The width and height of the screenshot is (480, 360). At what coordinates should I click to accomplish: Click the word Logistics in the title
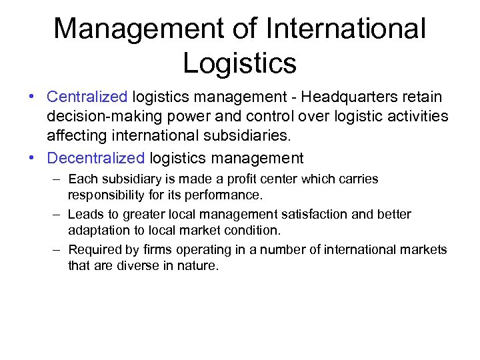(239, 63)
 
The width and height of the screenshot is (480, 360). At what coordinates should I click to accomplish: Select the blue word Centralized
(87, 97)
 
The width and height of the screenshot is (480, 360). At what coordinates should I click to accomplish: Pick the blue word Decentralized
(95, 158)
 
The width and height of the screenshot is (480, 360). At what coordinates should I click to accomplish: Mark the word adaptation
(95, 231)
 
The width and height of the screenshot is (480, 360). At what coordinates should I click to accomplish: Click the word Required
(93, 250)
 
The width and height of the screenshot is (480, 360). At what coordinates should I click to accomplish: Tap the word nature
(194, 266)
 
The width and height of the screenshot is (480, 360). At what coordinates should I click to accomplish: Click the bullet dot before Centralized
(31, 98)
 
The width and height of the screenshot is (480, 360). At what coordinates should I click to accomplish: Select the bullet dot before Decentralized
(31, 159)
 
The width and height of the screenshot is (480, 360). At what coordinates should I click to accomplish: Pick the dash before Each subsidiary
(57, 179)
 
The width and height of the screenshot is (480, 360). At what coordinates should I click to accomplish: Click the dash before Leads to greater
(57, 215)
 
